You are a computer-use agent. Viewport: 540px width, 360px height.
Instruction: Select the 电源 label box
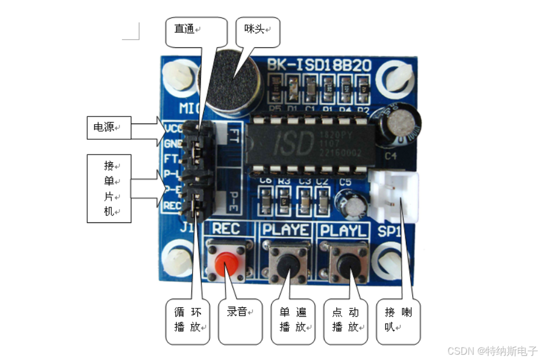pos(108,127)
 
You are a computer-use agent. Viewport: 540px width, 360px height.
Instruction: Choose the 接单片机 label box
pos(108,188)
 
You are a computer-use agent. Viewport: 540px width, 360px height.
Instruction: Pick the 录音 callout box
pos(240,320)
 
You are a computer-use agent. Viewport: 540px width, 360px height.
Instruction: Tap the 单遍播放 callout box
pos(293,320)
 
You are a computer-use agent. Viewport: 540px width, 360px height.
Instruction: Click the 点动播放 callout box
pos(346,320)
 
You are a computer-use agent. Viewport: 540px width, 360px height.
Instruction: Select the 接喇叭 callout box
pos(398,320)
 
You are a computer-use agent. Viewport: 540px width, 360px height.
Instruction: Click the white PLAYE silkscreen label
pos(285,229)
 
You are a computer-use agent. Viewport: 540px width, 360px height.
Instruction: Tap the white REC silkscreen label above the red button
pos(225,228)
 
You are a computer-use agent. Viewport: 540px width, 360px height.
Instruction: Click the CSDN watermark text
pos(491,350)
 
